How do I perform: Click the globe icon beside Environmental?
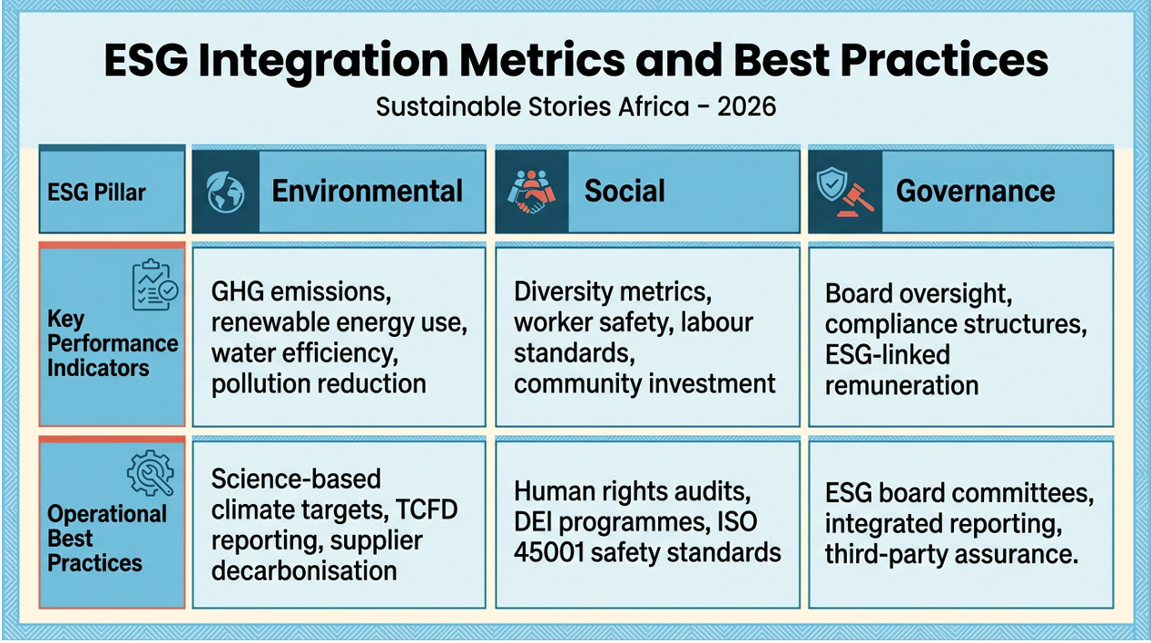(225, 193)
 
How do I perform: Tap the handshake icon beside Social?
(531, 193)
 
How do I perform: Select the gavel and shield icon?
(844, 193)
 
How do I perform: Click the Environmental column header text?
(367, 191)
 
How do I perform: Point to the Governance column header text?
(975, 191)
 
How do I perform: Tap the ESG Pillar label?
(95, 193)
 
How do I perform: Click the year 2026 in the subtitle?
(746, 106)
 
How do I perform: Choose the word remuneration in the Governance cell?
(901, 385)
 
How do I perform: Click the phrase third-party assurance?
(951, 554)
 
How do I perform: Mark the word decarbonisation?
(304, 570)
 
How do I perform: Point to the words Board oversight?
(918, 293)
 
